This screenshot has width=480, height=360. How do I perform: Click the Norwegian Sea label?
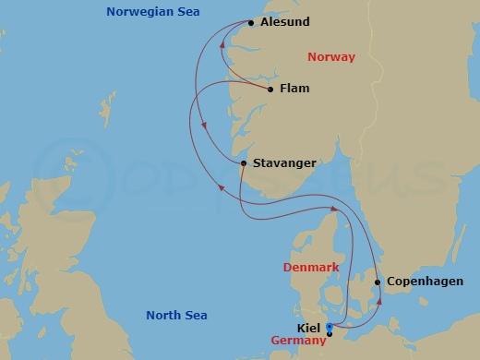(x=152, y=12)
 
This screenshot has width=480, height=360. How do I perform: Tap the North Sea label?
(x=176, y=316)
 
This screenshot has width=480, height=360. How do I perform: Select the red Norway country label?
(x=330, y=57)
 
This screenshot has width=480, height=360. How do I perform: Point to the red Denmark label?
(x=309, y=267)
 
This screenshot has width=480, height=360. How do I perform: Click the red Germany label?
(x=299, y=341)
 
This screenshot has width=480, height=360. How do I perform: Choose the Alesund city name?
(x=285, y=21)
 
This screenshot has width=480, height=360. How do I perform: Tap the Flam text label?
(x=294, y=89)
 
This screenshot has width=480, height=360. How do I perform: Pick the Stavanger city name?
(x=284, y=163)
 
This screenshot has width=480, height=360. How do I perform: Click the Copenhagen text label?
(x=425, y=282)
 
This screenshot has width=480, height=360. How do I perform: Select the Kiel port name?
(x=310, y=328)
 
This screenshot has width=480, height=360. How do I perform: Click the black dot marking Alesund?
(x=251, y=22)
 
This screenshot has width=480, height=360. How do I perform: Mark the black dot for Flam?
(x=270, y=90)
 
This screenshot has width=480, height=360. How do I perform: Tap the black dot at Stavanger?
(x=243, y=163)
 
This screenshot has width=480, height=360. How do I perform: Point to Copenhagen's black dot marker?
(x=378, y=282)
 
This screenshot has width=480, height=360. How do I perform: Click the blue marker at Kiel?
(x=330, y=328)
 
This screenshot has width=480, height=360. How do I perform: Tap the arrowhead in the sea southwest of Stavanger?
(x=220, y=187)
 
